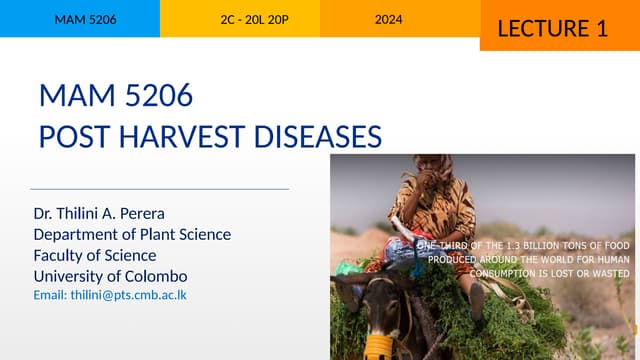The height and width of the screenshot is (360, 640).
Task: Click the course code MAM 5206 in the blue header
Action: pyautogui.click(x=78, y=19)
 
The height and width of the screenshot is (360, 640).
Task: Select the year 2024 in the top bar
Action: pyautogui.click(x=389, y=19)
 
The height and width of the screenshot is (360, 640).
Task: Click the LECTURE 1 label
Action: pyautogui.click(x=552, y=28)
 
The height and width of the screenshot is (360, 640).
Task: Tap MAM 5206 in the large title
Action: pyautogui.click(x=115, y=96)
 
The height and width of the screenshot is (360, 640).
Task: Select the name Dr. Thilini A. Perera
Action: pyautogui.click(x=98, y=213)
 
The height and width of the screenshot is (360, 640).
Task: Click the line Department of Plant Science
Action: pyautogui.click(x=132, y=234)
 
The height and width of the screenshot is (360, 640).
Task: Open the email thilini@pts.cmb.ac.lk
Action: pyautogui.click(x=110, y=295)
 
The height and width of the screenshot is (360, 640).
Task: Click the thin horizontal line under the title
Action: pyautogui.click(x=160, y=188)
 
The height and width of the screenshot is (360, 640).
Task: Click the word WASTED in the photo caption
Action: pyautogui.click(x=609, y=273)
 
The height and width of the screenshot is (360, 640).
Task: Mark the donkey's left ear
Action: pyautogui.click(x=346, y=290)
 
